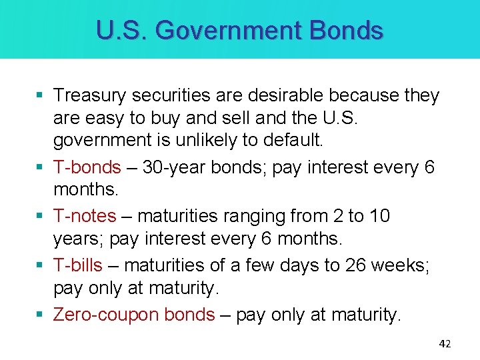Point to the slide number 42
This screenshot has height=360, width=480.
click(445, 344)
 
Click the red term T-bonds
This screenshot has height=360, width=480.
click(87, 167)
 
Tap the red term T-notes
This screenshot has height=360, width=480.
click(85, 216)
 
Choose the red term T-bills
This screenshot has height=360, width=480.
click(78, 265)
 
